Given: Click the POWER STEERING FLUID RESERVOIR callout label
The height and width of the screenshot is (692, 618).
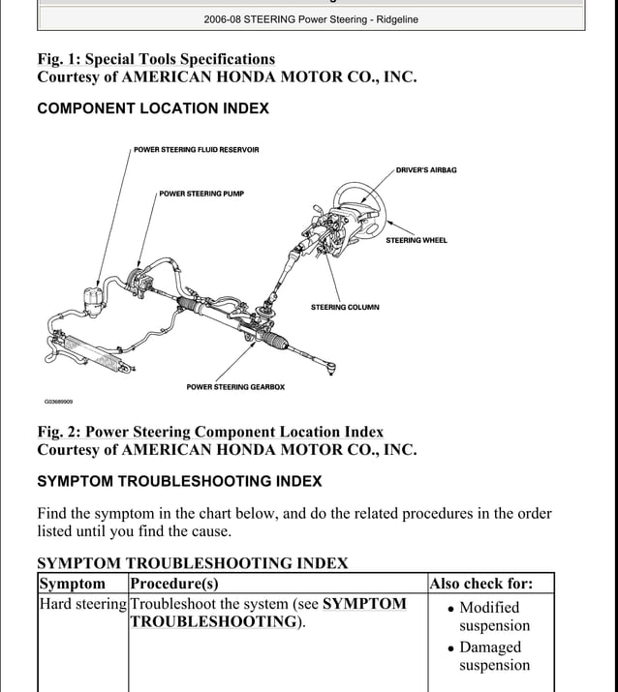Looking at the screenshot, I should [x=196, y=150].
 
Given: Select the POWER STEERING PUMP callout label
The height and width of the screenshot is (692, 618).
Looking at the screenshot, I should [x=201, y=194].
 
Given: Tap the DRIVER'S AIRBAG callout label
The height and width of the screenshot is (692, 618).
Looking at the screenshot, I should [x=426, y=170].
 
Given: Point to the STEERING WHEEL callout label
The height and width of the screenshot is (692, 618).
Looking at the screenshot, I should [x=417, y=240].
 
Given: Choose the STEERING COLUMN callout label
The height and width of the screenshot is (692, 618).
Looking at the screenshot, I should [x=345, y=308].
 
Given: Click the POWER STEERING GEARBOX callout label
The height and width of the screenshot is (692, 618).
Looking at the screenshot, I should [x=235, y=387].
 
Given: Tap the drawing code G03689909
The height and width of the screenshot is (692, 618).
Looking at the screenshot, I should [x=58, y=402].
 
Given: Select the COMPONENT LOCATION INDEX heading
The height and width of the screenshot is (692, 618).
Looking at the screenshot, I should [x=153, y=108].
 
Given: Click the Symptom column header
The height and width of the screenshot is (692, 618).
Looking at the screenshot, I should [x=72, y=584].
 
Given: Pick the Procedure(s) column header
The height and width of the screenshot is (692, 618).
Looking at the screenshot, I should [x=174, y=584].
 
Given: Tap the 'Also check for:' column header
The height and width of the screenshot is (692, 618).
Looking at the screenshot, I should [x=481, y=584].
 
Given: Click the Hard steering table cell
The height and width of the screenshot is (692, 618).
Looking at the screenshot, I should [x=82, y=604].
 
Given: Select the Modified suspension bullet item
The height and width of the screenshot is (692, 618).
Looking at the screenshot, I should [x=489, y=617].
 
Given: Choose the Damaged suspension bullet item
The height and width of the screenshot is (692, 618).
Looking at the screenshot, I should [x=490, y=656].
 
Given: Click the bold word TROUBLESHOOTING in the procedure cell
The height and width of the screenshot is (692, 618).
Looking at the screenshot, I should [x=213, y=622].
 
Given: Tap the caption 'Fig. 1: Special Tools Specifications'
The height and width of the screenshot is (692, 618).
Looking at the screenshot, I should [x=156, y=59].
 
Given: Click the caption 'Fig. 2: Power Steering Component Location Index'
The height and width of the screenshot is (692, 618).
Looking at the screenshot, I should [x=210, y=432].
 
